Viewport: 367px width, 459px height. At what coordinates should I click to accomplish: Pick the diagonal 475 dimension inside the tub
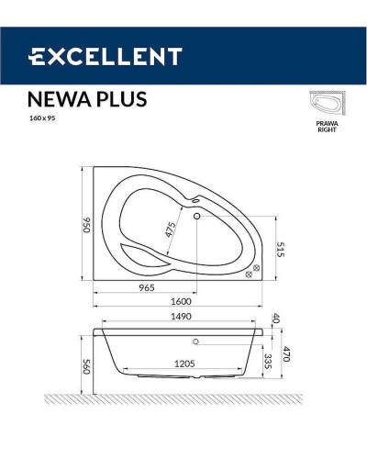(169, 229)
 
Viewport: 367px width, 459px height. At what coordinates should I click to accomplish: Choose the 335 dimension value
(267, 359)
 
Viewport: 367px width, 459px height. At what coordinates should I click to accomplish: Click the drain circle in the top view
(196, 218)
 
